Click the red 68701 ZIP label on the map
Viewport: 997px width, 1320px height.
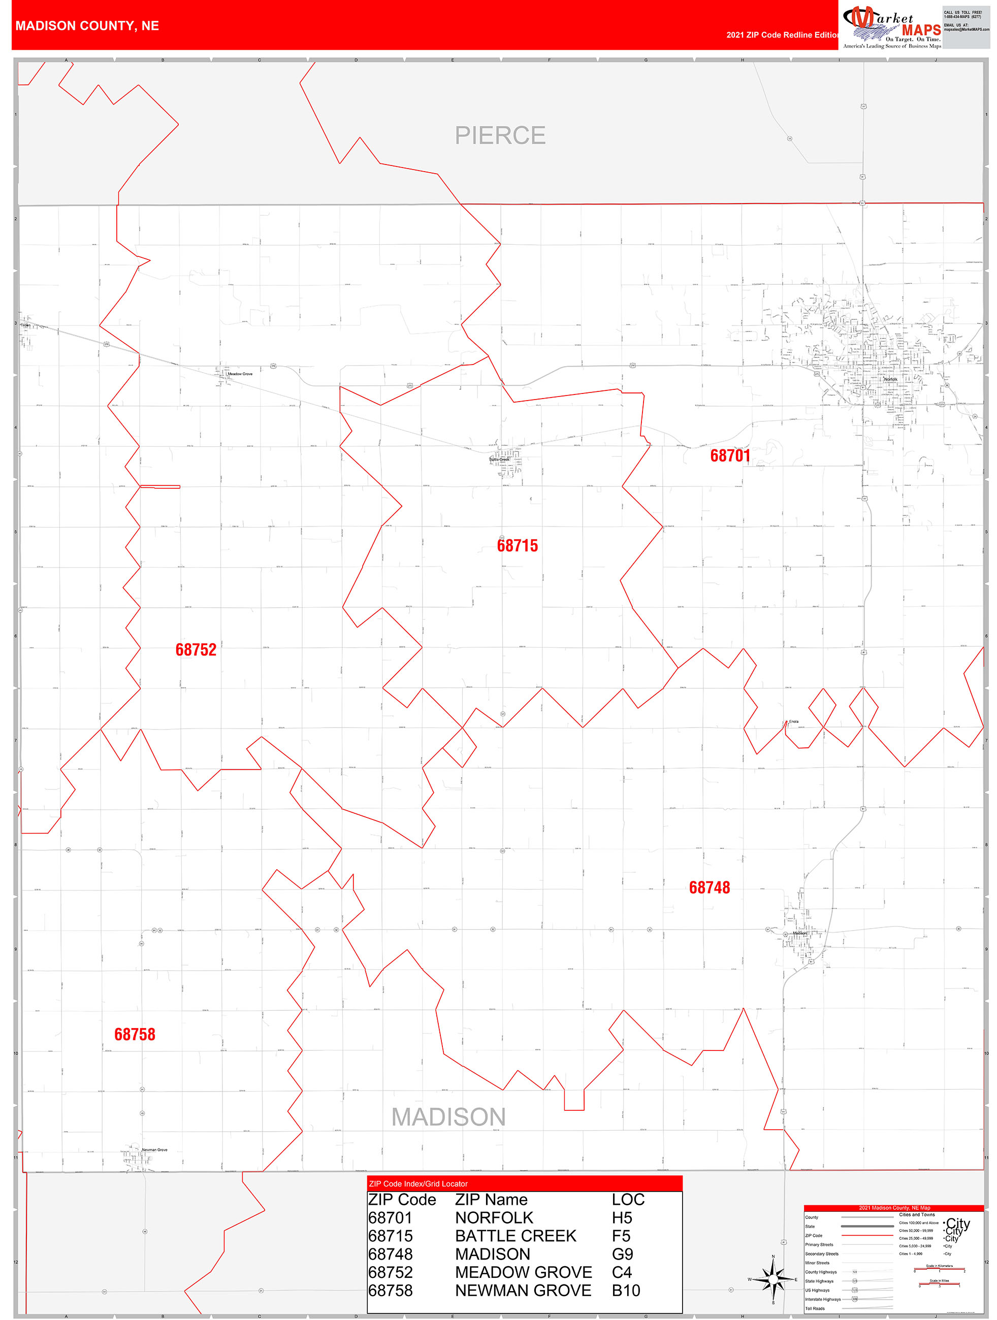729,456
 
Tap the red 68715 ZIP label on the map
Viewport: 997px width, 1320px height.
517,545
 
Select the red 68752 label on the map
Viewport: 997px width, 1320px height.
196,650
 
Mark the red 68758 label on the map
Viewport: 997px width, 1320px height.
135,1034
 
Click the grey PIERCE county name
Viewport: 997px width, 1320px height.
500,136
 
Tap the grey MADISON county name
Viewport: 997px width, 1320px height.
448,1117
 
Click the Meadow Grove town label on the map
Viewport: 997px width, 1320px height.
240,374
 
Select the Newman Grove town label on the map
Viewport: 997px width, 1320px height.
154,1150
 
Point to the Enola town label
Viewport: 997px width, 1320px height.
793,721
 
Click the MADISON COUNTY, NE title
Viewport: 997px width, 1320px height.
87,26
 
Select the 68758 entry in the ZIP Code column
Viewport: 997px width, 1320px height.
391,1291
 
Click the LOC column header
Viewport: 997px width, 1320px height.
628,1200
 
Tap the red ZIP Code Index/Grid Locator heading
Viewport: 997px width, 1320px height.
418,1184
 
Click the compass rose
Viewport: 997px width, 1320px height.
773,1279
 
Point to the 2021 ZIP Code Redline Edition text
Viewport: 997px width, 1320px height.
782,35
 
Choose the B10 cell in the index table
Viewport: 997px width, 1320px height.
626,1291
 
